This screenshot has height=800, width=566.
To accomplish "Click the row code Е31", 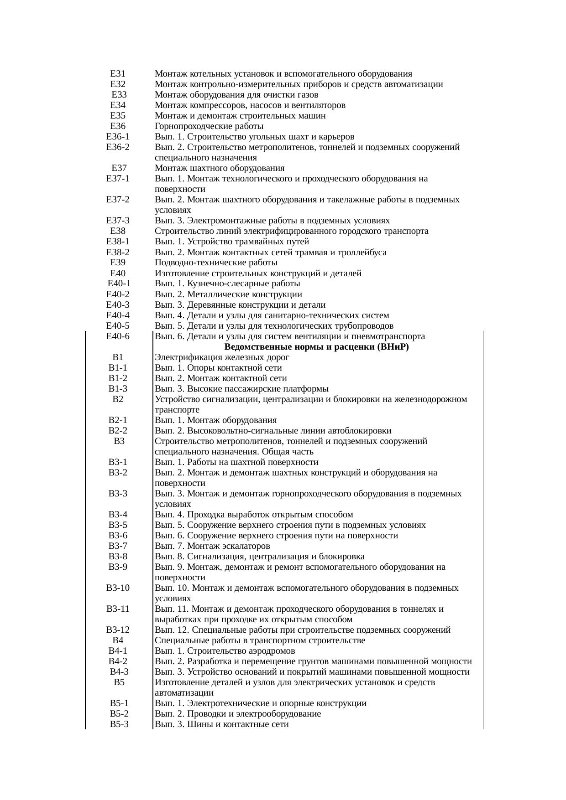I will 118,74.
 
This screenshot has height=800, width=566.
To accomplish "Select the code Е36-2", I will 118,147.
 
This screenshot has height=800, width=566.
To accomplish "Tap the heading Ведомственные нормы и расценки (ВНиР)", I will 317,347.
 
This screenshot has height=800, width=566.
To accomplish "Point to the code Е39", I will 118,263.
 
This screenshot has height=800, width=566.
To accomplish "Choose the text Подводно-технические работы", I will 216,263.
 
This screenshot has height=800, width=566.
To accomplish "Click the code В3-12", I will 118,630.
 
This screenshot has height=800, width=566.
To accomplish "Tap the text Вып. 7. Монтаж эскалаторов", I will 212,546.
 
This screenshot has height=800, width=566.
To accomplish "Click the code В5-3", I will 119,724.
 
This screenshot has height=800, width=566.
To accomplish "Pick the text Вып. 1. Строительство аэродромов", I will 225,651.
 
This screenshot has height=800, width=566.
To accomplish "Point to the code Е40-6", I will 118,336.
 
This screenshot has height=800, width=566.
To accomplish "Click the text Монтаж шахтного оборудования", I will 220,168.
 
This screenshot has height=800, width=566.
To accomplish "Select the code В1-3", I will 118,389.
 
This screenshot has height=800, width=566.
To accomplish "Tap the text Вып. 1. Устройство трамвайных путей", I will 232,242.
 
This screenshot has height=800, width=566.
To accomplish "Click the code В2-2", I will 118,431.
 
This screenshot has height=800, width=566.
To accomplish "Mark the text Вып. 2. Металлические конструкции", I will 228,294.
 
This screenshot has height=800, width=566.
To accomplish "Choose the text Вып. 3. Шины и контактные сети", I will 222,724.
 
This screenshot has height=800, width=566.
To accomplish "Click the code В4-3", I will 119,672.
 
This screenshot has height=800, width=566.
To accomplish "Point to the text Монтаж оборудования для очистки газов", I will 236,95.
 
